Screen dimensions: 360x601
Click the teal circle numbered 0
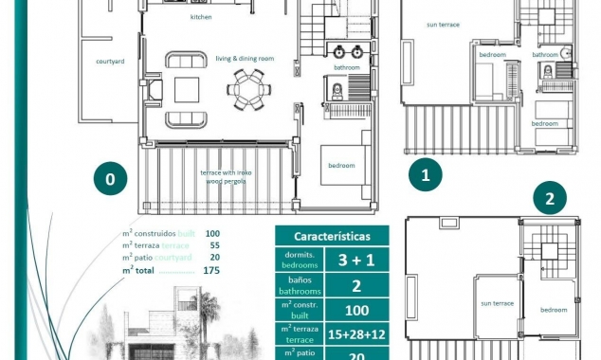pyautogui.click(x=111, y=178)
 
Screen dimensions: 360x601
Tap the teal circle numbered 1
pyautogui.click(x=425, y=174)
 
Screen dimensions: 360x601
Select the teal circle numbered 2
pyautogui.click(x=550, y=199)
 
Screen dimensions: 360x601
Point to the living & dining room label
pyautogui.click(x=244, y=59)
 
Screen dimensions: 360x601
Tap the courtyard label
pyautogui.click(x=110, y=61)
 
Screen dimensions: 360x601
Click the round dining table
pyautogui.click(x=248, y=91)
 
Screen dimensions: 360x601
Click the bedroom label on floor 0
pyautogui.click(x=341, y=166)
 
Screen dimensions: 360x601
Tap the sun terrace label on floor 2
pyautogui.click(x=497, y=303)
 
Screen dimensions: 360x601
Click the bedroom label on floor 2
pyautogui.click(x=554, y=310)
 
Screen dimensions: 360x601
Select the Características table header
pyautogui.click(x=331, y=236)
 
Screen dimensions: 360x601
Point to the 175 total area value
pyautogui.click(x=210, y=270)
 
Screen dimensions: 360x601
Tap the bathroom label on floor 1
pyautogui.click(x=544, y=55)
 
